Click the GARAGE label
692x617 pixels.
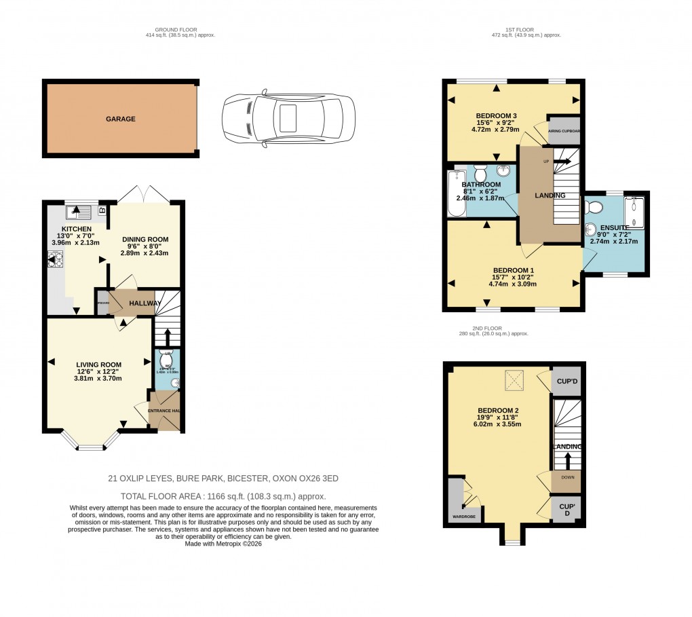click(120, 119)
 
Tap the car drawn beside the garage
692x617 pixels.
click(288, 119)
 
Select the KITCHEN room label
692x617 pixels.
click(76, 229)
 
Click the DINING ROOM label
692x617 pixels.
click(145, 240)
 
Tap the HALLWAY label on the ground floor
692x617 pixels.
click(145, 303)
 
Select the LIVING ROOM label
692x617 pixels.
click(98, 364)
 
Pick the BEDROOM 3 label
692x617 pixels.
click(497, 115)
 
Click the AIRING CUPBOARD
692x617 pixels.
click(564, 132)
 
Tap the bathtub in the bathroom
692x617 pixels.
click(453, 193)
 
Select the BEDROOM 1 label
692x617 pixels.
click(514, 270)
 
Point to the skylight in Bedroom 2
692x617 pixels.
click(514, 381)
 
